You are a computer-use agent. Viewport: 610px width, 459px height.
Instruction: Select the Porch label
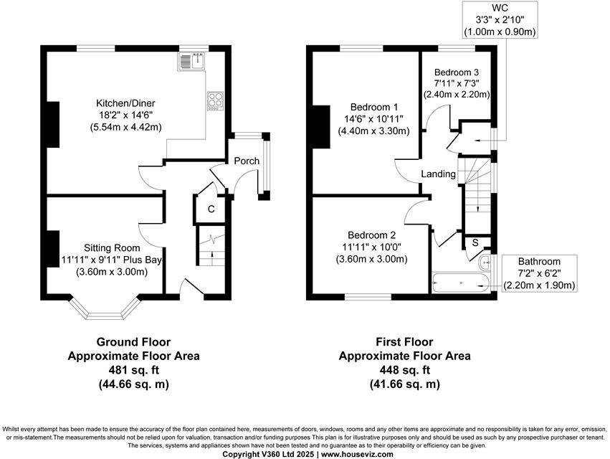[246, 161]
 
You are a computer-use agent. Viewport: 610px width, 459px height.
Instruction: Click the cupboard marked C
[211, 209]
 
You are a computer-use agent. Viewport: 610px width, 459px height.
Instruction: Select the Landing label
[437, 174]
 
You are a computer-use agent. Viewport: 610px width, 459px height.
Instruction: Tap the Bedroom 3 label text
[456, 72]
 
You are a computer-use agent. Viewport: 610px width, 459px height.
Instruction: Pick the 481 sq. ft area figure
[133, 370]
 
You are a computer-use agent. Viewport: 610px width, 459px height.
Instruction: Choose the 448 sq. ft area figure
[404, 370]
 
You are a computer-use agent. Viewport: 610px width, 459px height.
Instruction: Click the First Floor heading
[404, 341]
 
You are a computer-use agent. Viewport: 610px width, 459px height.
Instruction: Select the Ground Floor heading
[133, 341]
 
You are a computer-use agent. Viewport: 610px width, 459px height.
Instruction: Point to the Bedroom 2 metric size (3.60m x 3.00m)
[371, 259]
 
